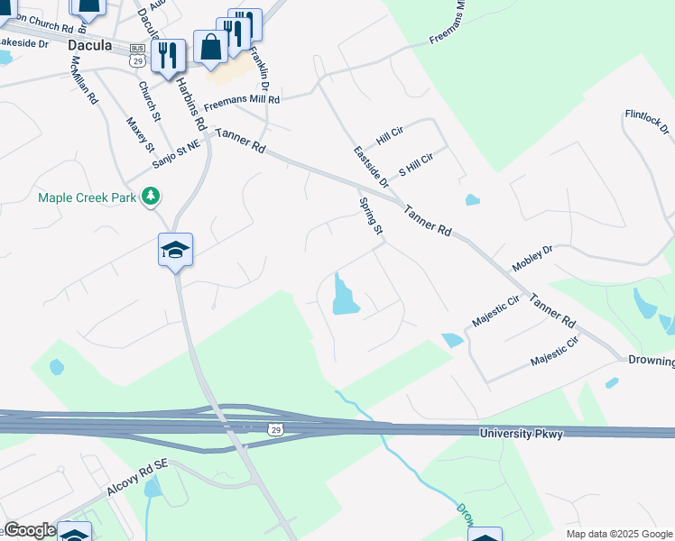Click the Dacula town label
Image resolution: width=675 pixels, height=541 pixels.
click(x=96, y=43)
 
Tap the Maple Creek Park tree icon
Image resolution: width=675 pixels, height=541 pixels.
click(x=152, y=196)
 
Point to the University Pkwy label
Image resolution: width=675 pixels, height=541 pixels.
click(x=523, y=435)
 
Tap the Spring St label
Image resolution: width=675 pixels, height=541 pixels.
click(x=371, y=218)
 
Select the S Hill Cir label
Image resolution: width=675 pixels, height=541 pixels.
click(x=416, y=164)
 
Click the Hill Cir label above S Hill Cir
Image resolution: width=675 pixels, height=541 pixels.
click(x=390, y=136)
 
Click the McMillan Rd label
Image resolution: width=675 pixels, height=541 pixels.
click(x=84, y=83)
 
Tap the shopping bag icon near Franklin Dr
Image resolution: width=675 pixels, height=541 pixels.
click(x=210, y=48)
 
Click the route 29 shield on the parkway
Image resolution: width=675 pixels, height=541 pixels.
click(x=276, y=430)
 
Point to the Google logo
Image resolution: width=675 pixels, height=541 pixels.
click(x=30, y=530)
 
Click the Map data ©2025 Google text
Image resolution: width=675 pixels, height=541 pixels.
click(x=619, y=534)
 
